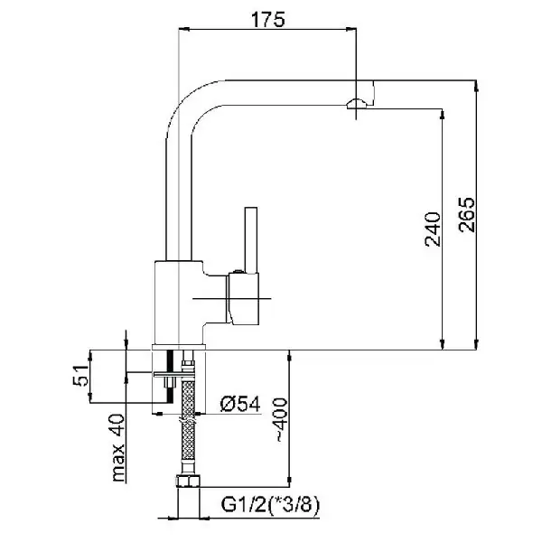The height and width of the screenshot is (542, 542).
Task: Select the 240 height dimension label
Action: pos(431,230)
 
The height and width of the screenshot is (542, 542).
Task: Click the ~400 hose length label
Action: pos(280,421)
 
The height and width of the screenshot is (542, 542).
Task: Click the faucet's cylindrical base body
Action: pos(176,303)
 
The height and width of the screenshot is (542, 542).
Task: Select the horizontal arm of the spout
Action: pos(271,91)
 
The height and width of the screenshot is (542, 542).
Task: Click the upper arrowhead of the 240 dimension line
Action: pos(442,114)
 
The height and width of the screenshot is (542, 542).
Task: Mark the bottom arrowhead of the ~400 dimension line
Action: pos(290,480)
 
